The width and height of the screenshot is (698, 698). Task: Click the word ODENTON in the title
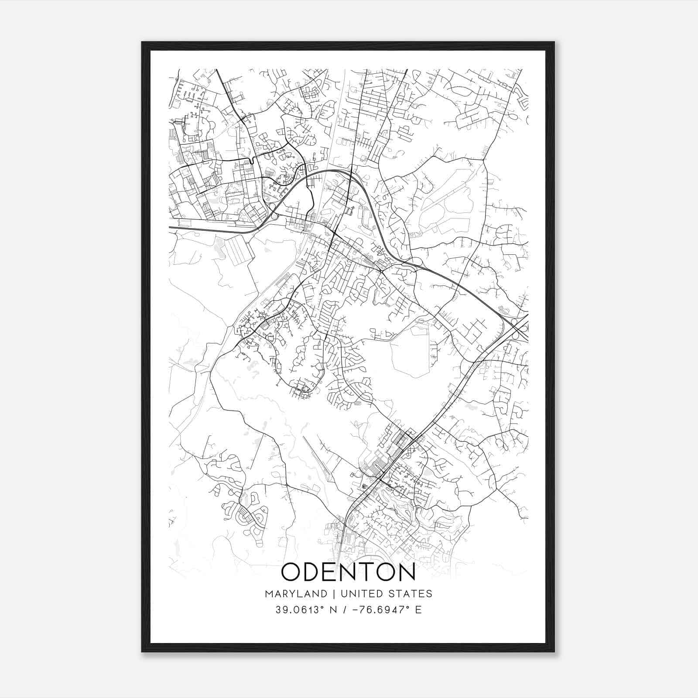[348, 572]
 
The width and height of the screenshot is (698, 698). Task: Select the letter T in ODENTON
[366, 572]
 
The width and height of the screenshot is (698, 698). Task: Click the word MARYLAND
[295, 594]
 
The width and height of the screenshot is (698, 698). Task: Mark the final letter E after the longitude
[418, 610]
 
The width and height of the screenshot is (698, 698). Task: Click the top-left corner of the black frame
[143, 43]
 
